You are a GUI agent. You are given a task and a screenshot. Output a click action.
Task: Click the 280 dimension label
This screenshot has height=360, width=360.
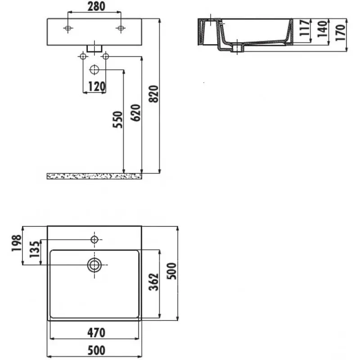[x=96, y=6]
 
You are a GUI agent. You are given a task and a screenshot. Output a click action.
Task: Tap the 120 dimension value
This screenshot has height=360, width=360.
[x=97, y=87]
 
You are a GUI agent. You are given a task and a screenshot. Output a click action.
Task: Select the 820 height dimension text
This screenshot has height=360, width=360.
[x=154, y=94]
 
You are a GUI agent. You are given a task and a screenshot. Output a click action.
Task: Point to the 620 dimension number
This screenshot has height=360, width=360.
[x=135, y=112]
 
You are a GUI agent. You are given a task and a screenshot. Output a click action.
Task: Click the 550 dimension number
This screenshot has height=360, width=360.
[x=117, y=119]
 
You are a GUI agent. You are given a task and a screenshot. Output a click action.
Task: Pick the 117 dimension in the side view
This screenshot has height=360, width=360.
[x=305, y=27]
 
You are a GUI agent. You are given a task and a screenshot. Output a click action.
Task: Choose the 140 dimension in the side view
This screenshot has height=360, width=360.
[x=323, y=29]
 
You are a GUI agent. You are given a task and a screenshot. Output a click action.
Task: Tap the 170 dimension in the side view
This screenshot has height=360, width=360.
[x=341, y=32]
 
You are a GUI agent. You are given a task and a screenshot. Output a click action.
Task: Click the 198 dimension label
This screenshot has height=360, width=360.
[x=16, y=243]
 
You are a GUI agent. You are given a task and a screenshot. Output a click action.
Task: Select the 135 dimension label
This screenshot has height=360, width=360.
[x=35, y=249]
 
